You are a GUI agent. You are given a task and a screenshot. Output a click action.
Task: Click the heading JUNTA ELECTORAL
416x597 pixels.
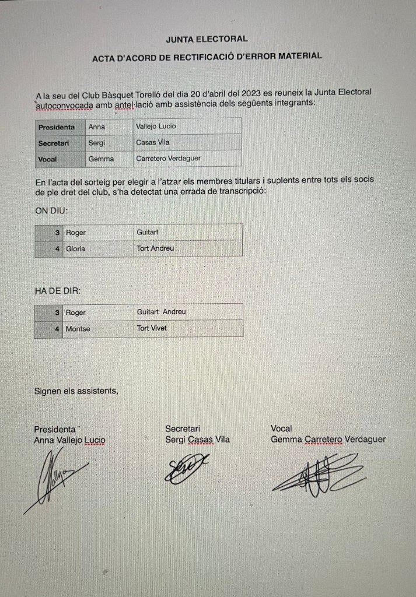[207, 39]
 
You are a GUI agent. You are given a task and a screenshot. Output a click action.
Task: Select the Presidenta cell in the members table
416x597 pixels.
[57, 127]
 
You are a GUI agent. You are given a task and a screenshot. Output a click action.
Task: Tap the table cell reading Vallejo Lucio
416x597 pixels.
[156, 126]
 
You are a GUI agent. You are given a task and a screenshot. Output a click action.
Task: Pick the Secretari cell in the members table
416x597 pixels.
[54, 142]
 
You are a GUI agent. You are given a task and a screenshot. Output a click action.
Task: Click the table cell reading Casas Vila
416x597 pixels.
[153, 142]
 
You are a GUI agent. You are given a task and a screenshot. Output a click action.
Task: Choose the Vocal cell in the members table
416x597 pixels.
[47, 159]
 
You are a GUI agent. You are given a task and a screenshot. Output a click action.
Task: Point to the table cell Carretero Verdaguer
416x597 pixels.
[169, 158]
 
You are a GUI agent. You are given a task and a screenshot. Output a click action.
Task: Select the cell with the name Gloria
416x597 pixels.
[75, 248]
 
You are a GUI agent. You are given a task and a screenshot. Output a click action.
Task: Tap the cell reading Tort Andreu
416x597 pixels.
[155, 248]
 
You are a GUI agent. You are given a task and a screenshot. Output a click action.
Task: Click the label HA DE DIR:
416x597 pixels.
[58, 290]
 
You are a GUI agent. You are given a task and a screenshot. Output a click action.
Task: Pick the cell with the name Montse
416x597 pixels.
[78, 328]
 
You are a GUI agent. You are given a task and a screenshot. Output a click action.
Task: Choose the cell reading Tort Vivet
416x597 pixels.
[152, 328]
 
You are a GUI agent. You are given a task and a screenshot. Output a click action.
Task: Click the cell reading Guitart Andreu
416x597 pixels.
[161, 312]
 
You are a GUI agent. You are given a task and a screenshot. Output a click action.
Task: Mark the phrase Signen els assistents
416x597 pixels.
[76, 390]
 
